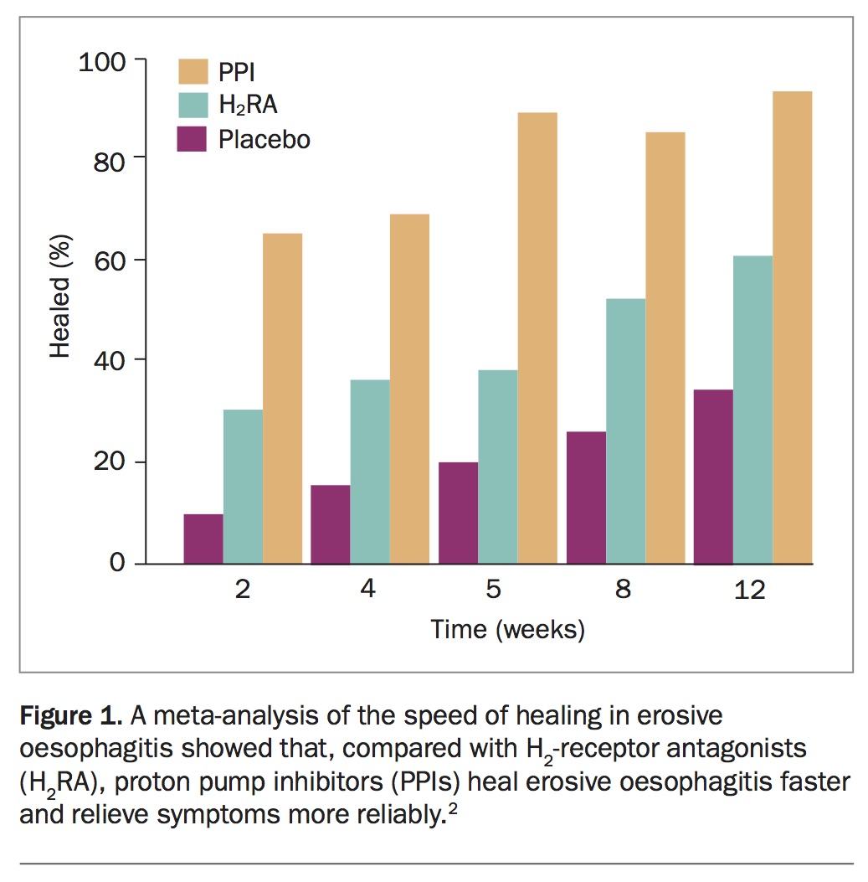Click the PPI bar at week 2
tap(282, 398)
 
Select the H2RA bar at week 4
tap(370, 472)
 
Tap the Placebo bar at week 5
tap(458, 513)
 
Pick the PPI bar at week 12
tap(792, 327)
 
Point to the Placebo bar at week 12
tap(713, 477)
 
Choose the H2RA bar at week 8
tap(625, 431)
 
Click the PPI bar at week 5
tap(537, 338)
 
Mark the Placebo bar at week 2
tap(203, 539)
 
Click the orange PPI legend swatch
tap(193, 72)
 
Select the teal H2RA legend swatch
tap(193, 105)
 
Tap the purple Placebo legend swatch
tap(193, 138)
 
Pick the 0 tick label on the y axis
tap(117, 564)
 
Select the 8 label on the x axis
tap(623, 590)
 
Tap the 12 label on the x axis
tap(749, 590)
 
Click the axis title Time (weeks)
tap(507, 629)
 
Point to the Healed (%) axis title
tap(60, 297)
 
